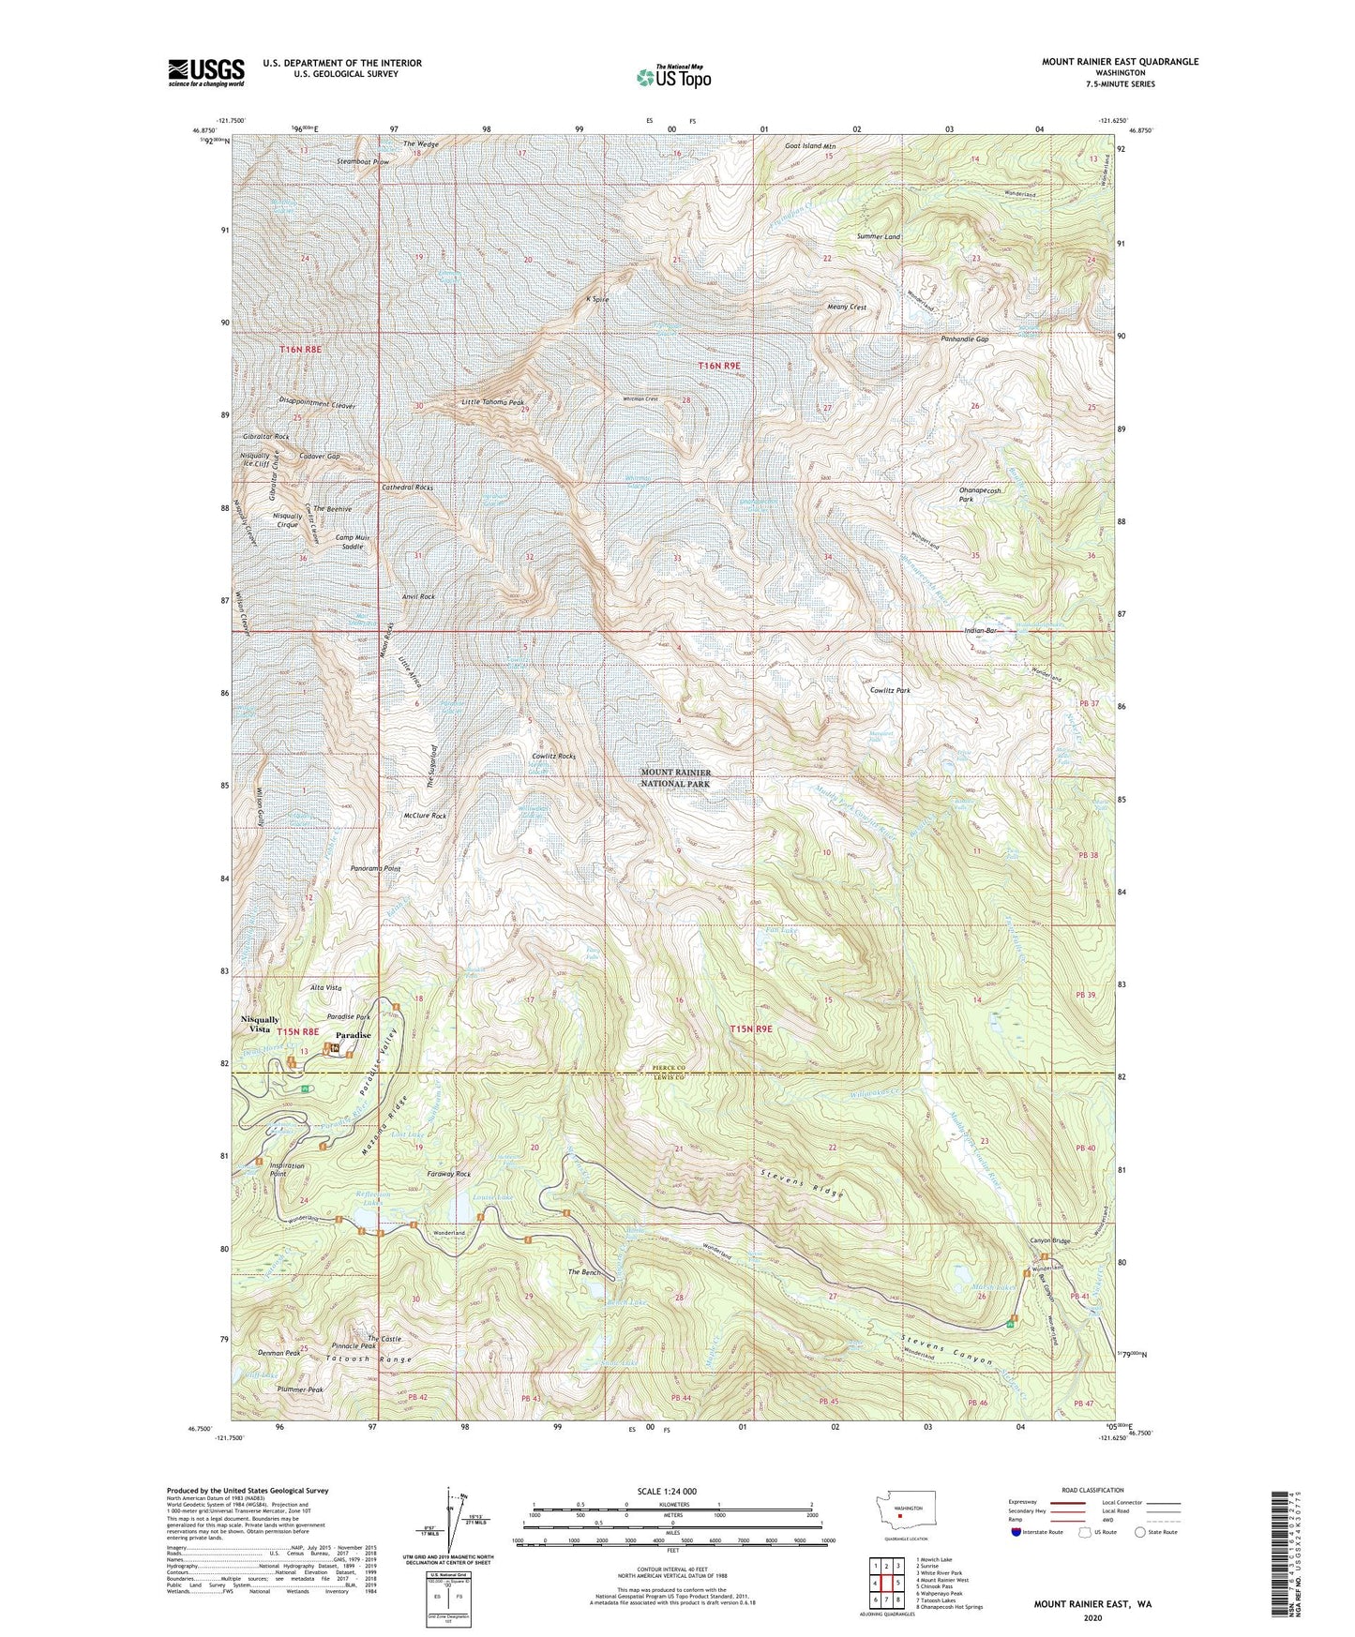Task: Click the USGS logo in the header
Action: [206, 72]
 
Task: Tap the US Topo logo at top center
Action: [673, 76]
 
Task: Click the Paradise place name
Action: [354, 1035]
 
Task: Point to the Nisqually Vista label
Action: [260, 1024]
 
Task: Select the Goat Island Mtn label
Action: [809, 147]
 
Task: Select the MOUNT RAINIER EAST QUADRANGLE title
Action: [1120, 62]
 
